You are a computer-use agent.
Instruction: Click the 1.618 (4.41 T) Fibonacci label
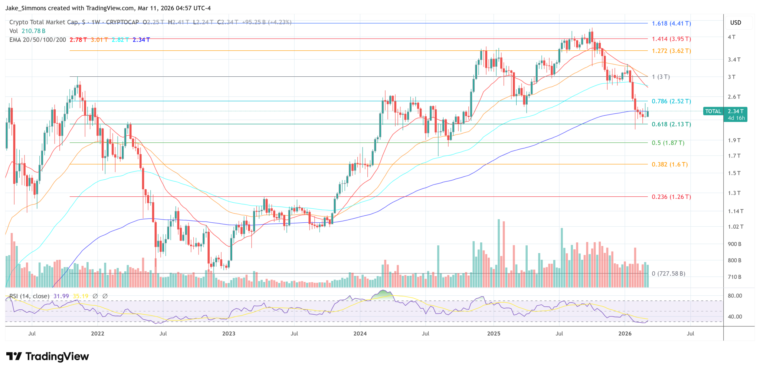tap(671, 23)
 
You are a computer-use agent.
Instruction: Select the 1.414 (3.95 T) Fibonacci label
tap(671, 39)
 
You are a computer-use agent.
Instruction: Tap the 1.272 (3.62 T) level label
tap(671, 51)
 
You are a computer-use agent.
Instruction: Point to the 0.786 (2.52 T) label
tap(671, 101)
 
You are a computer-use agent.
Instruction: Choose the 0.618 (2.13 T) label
tap(671, 124)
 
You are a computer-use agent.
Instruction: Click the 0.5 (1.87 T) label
tap(668, 143)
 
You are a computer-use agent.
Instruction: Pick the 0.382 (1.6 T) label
tap(669, 165)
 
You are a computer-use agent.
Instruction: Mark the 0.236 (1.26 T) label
tap(671, 197)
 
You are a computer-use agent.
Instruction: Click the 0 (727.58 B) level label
tap(668, 274)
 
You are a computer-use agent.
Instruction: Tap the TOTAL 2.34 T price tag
tap(725, 112)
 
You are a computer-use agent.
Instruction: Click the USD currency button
tap(736, 23)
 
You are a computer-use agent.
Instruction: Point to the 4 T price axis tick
tap(731, 37)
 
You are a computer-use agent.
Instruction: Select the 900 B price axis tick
tap(734, 244)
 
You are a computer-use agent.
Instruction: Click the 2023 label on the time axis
tap(229, 333)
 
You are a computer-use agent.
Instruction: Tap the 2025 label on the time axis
tap(494, 333)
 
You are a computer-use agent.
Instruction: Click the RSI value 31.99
tap(61, 296)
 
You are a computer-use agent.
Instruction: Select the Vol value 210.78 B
tap(33, 31)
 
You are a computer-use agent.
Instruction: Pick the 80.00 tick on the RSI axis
tap(735, 296)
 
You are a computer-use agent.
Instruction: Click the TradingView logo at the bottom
tap(48, 356)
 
